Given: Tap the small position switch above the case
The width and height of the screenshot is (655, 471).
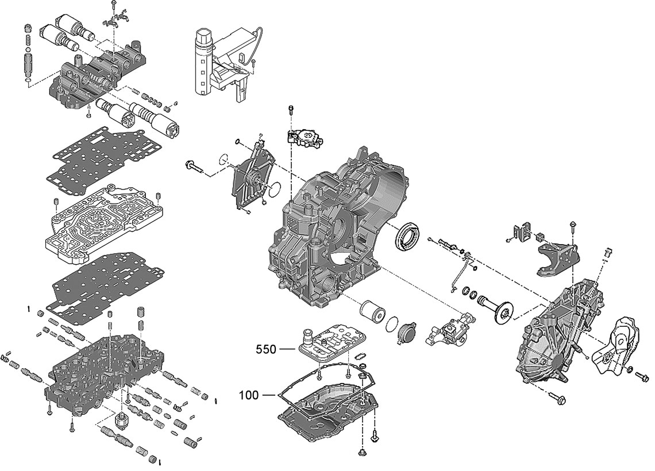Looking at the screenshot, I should click(x=304, y=137).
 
